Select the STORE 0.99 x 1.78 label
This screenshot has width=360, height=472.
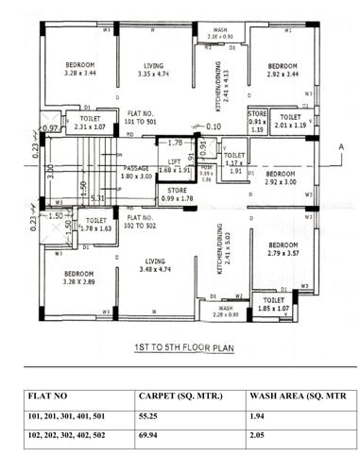click(176, 196)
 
